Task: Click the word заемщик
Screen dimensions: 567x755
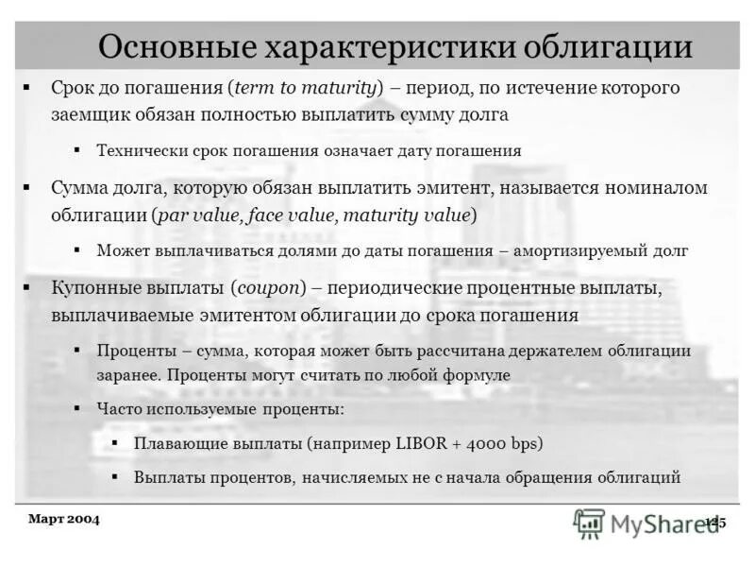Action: pos(88,115)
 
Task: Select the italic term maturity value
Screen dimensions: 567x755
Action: pos(407,215)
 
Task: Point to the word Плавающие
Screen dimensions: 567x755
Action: pos(177,442)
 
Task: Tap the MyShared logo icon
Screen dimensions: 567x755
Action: pos(589,522)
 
